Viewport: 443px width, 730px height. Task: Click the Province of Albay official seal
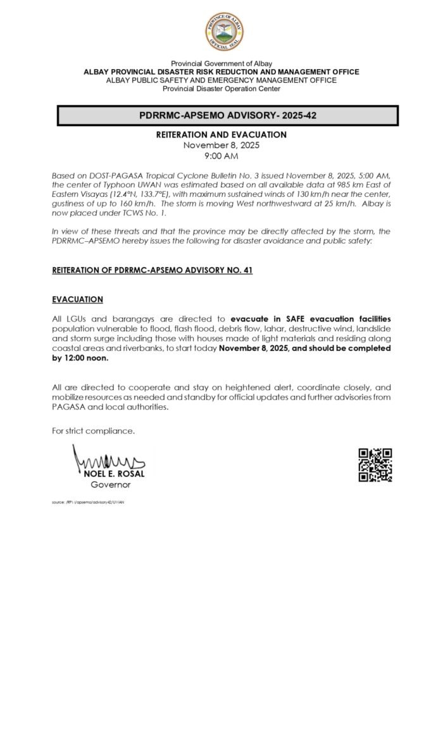[x=223, y=32]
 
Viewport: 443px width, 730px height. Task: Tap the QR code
[x=375, y=465]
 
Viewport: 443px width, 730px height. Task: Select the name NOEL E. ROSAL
[x=115, y=474]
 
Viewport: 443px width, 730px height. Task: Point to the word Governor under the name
[x=111, y=484]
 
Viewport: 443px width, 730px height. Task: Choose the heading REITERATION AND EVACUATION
[x=221, y=135]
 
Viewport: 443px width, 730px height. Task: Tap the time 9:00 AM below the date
[x=221, y=156]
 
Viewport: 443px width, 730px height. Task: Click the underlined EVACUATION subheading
[x=77, y=299]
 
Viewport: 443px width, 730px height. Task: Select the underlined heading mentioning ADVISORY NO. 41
[x=153, y=270]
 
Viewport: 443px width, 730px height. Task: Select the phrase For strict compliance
[x=94, y=431]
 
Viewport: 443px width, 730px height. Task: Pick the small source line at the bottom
[x=88, y=501]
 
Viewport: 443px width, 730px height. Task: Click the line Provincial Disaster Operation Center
[x=221, y=89]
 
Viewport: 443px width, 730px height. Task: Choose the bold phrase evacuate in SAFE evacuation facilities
[x=311, y=318]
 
